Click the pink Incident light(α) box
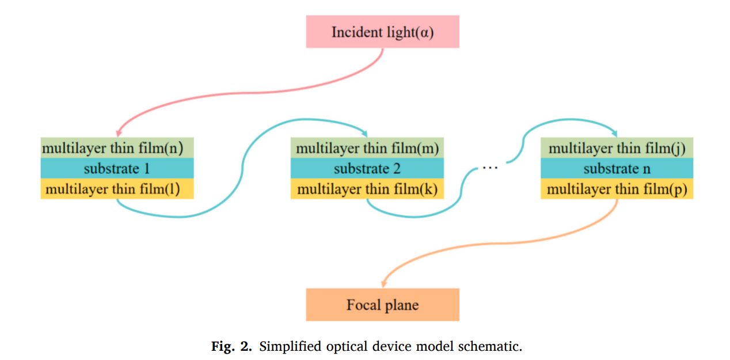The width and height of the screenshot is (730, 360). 382,32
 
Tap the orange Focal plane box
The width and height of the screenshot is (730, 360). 382,304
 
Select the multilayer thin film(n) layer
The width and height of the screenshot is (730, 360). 117,148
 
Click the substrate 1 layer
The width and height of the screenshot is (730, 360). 117,168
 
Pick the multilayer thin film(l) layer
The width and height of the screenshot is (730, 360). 117,189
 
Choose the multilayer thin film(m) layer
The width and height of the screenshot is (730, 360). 367,148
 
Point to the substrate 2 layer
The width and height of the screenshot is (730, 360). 367,168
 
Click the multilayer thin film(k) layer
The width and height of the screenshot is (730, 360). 367,189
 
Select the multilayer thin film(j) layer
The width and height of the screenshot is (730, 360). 617,148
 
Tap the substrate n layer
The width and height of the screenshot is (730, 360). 617,168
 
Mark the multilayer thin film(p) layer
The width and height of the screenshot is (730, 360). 617,189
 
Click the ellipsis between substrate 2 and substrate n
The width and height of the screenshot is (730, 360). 489,168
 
